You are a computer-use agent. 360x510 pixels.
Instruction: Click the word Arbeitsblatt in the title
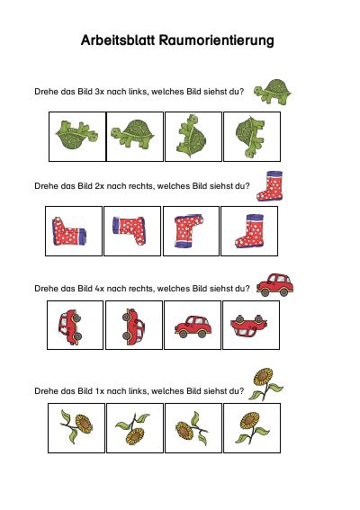click(119, 40)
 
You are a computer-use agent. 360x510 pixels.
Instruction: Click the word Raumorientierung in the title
click(217, 41)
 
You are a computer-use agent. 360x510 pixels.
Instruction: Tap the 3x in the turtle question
click(99, 92)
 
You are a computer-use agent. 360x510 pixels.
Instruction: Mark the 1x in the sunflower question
click(99, 391)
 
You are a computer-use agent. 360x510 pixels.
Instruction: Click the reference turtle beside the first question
click(273, 92)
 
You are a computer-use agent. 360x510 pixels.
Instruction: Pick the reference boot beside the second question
click(270, 185)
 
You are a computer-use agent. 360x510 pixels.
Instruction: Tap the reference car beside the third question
click(275, 285)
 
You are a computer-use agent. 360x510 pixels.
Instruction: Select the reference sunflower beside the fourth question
click(265, 384)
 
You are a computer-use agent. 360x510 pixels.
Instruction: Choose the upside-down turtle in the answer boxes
click(76, 135)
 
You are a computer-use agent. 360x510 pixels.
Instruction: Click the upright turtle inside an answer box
click(132, 134)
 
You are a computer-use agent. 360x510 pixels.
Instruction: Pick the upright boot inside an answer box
click(249, 231)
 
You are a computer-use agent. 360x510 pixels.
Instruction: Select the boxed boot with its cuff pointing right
click(68, 231)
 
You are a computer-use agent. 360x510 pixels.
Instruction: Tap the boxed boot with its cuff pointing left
click(130, 230)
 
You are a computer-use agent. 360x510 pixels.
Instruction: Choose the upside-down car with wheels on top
click(249, 327)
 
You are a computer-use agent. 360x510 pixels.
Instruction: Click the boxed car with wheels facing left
click(134, 327)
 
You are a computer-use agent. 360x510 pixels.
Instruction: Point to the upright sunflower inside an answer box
click(252, 427)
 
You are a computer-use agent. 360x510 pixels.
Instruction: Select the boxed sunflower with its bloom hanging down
click(132, 428)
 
